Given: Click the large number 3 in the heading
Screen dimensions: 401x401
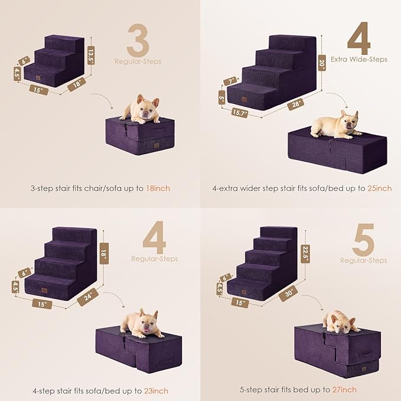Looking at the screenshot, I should coord(137,41).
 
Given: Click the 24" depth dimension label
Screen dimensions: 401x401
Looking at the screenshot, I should coord(87,298).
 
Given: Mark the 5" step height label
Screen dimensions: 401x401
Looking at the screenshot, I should coord(221,96).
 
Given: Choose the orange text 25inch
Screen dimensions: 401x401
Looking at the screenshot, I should coord(379,188).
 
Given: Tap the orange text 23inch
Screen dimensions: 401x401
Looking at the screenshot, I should coord(155,391).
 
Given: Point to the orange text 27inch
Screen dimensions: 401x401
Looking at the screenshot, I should coord(344,390).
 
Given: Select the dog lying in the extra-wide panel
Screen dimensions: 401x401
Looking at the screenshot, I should coord(335,125).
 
